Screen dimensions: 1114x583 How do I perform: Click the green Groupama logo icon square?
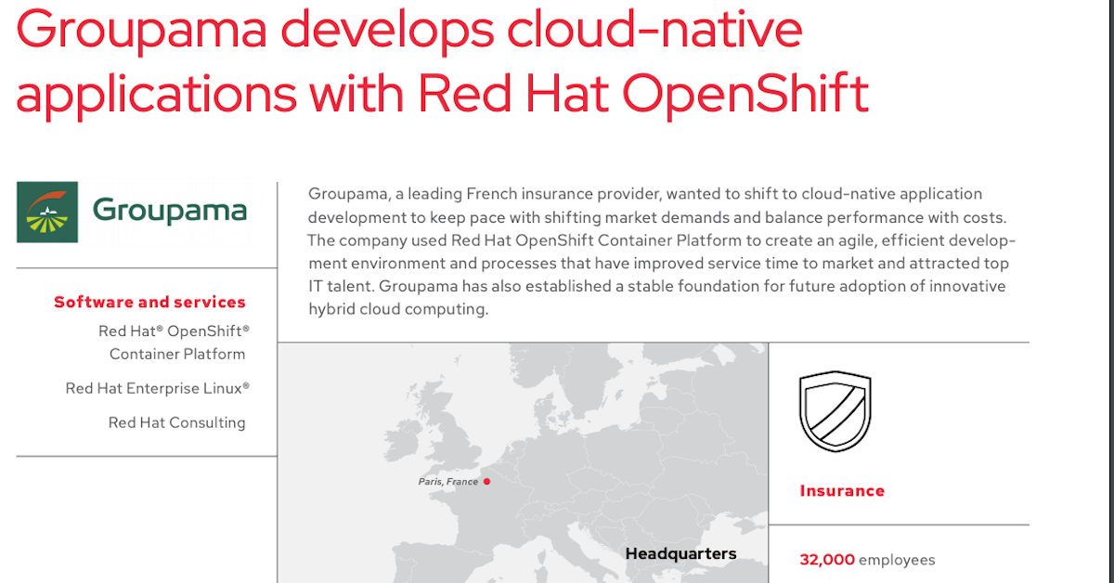click(47, 212)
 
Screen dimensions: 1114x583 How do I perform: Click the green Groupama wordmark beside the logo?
click(170, 211)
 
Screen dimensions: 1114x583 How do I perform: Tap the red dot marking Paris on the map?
click(486, 481)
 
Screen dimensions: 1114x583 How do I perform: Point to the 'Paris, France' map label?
click(447, 482)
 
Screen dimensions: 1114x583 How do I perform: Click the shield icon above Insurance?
click(835, 411)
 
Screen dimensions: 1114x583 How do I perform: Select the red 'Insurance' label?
click(842, 491)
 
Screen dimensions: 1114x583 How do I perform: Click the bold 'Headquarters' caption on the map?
click(680, 553)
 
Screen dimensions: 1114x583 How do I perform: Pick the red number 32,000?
click(827, 560)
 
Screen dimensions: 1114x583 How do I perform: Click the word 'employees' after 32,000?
click(897, 561)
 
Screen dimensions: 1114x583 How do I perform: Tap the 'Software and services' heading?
click(149, 302)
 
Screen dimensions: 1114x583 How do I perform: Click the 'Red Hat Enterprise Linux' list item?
click(157, 388)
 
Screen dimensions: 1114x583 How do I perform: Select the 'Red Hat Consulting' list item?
click(176, 422)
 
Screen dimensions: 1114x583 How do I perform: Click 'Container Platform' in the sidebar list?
click(177, 355)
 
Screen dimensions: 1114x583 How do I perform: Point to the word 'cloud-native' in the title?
click(654, 29)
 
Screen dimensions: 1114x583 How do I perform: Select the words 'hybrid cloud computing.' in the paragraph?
click(398, 309)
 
